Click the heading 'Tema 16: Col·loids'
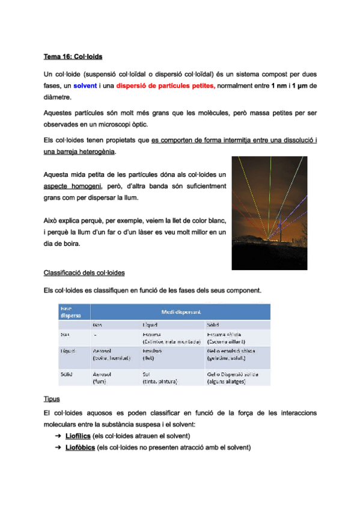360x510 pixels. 73,57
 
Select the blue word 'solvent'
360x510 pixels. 85,86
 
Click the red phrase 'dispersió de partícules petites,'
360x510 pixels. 165,86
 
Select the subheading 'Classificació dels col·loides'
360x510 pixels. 84,273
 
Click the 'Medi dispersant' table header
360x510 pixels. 180,312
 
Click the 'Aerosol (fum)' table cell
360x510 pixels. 102,377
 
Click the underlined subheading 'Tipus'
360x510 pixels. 52,399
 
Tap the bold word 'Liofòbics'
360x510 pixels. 80,448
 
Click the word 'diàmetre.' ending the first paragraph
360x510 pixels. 58,97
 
